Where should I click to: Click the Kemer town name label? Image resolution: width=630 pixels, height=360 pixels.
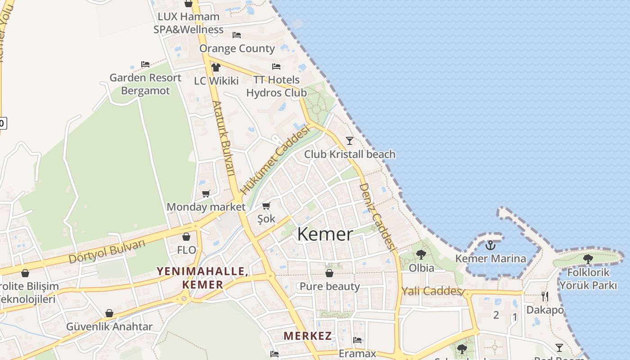click(x=325, y=234)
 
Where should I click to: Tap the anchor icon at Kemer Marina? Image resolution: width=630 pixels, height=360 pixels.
click(x=490, y=245)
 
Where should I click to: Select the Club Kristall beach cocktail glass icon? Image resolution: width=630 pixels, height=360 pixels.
click(x=349, y=141)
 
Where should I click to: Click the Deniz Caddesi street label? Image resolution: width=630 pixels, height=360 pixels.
click(x=377, y=216)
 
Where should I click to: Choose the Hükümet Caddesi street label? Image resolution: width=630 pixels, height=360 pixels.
click(x=275, y=160)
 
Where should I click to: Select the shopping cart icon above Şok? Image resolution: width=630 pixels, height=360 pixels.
click(x=266, y=206)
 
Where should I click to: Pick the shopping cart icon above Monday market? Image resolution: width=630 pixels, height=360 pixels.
click(x=206, y=194)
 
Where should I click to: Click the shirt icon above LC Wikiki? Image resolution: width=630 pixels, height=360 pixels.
click(x=216, y=67)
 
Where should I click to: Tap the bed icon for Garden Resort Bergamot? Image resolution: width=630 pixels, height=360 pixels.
click(x=145, y=64)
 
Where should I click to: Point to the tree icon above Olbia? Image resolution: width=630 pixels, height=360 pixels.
click(x=421, y=255)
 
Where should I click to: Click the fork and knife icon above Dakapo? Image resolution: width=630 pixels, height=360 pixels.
click(x=545, y=297)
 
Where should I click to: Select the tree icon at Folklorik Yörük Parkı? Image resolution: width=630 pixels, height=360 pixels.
click(x=588, y=259)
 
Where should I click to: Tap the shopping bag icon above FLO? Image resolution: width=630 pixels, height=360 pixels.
click(x=186, y=237)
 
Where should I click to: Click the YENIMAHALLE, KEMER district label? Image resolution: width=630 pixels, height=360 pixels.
click(x=202, y=278)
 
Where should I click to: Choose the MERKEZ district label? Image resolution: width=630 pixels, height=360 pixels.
click(x=308, y=336)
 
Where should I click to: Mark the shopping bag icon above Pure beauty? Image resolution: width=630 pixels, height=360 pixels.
click(x=329, y=273)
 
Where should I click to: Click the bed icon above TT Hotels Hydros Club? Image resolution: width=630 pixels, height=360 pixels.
click(x=276, y=67)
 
